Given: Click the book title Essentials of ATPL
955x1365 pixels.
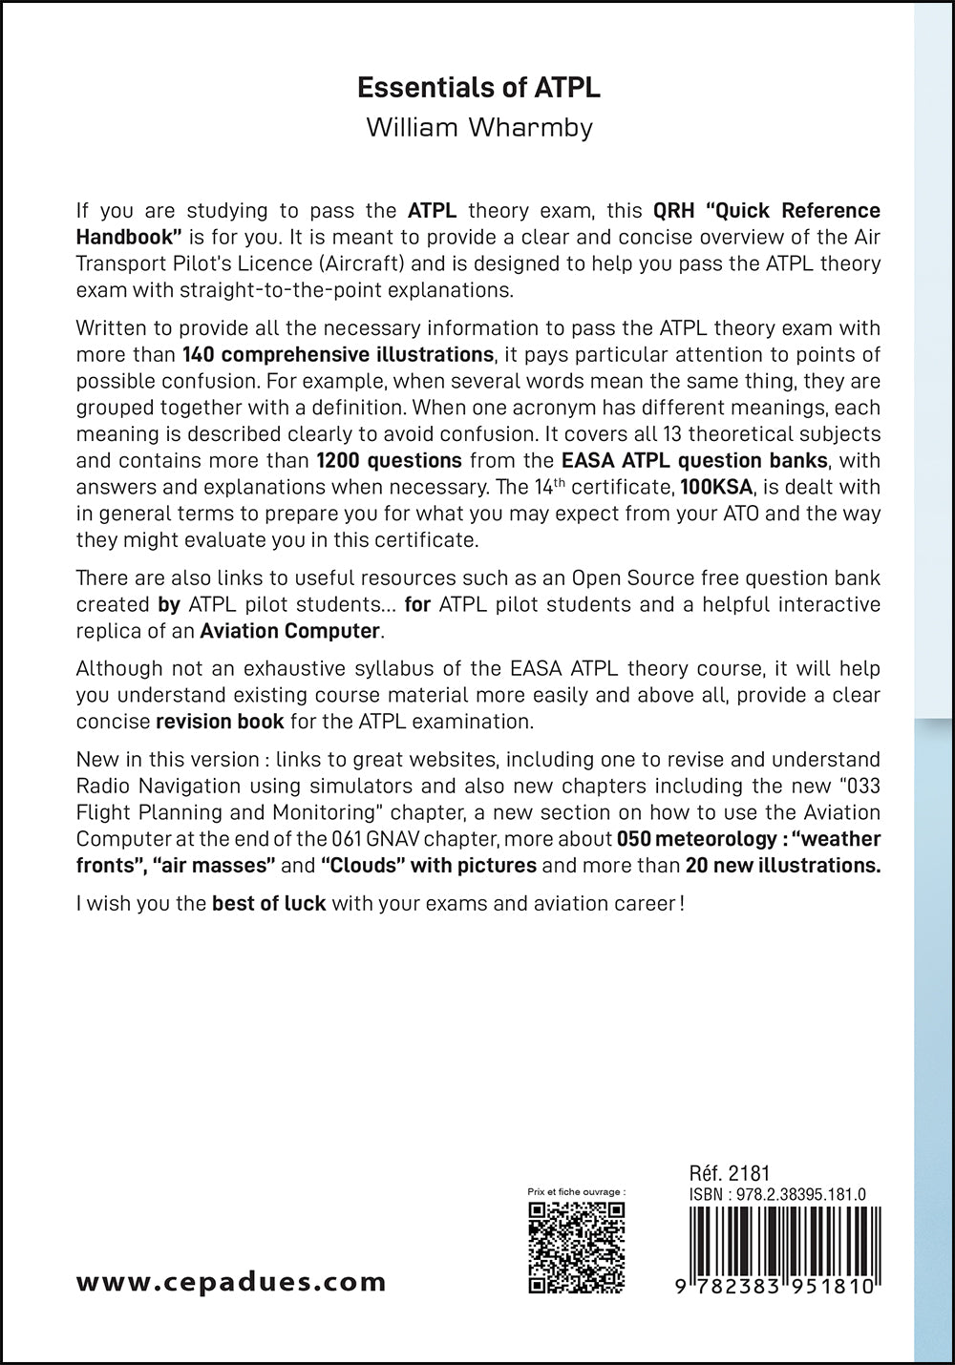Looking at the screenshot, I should click(478, 88).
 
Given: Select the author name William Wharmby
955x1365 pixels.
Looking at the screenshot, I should click(478, 128).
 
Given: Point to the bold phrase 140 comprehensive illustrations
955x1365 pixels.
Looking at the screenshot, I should click(337, 355).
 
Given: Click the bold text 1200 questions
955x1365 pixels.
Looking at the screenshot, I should click(389, 460).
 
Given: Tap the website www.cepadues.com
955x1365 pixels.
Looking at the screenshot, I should click(231, 1282).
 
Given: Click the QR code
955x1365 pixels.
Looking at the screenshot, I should click(577, 1247).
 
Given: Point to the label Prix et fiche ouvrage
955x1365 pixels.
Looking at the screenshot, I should click(576, 1192).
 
